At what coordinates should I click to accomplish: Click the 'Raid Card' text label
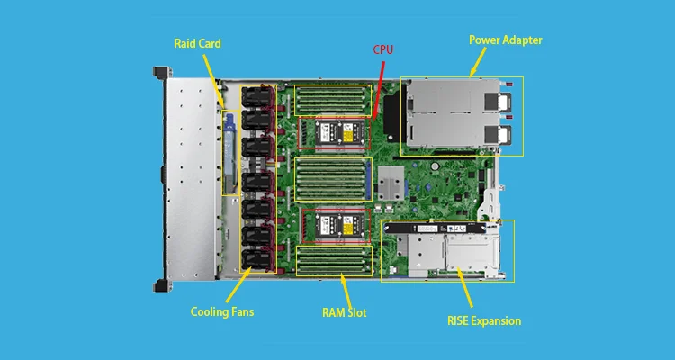[x=197, y=42]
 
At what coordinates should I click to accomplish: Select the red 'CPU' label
[x=382, y=51]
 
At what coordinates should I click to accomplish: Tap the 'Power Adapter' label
[x=506, y=40]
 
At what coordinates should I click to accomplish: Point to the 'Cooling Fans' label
[x=222, y=312]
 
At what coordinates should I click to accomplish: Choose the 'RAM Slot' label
[x=346, y=313]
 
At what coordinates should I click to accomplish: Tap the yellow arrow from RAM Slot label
[x=345, y=289]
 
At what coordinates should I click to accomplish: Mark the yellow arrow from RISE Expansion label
[x=463, y=289]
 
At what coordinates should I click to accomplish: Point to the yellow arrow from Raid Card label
[x=212, y=81]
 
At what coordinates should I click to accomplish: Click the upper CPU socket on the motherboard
[x=334, y=133]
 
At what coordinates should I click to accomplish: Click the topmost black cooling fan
[x=256, y=97]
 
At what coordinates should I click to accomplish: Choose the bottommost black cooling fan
[x=256, y=258]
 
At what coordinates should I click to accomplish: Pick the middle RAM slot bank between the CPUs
[x=334, y=179]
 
